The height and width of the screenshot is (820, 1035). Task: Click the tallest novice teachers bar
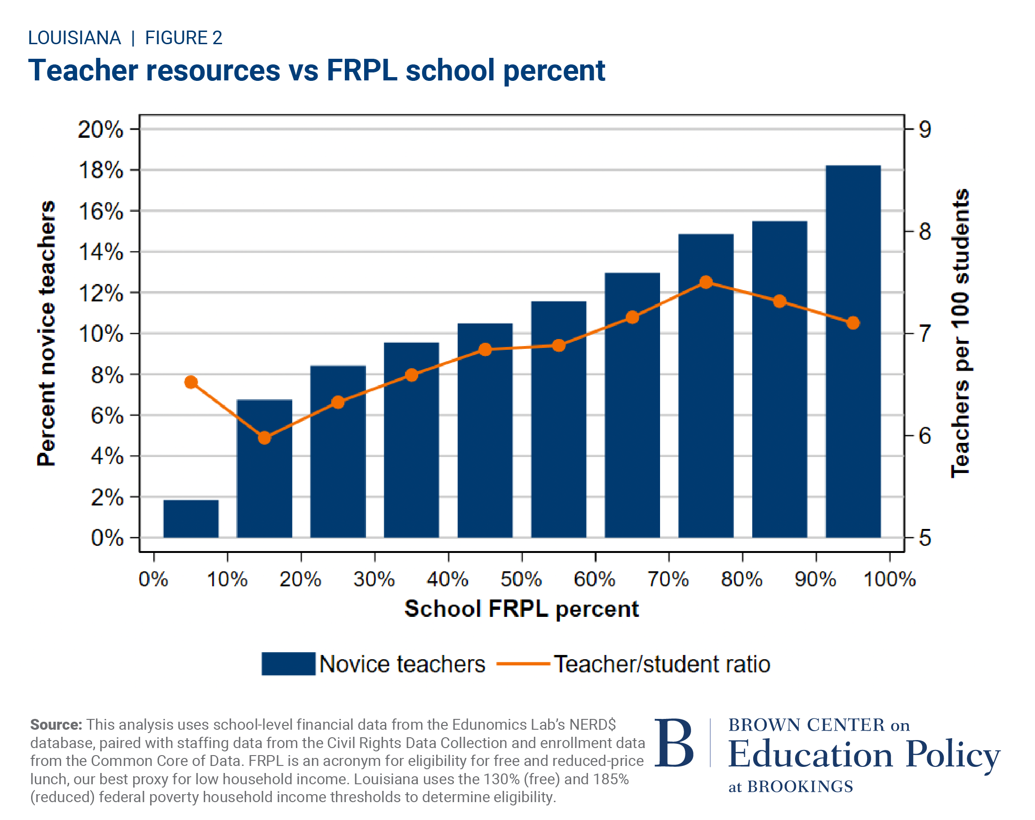852,350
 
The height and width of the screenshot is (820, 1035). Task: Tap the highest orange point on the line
706,282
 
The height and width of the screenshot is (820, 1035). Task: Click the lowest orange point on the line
264,438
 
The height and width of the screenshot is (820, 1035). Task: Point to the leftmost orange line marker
191,382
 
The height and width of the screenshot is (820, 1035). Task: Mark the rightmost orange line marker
852,323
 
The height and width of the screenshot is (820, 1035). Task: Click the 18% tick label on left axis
100,170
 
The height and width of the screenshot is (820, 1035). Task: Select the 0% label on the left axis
107,538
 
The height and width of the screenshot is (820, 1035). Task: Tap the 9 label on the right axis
924,130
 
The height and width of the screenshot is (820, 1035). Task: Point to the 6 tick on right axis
924,436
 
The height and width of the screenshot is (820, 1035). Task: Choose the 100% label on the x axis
889,580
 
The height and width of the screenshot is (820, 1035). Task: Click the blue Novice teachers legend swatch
288,664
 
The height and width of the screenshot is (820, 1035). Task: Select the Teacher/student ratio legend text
661,664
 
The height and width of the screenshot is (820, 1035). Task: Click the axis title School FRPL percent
521,609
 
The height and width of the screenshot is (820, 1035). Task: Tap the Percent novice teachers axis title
47,333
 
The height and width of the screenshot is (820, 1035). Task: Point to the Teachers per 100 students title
960,333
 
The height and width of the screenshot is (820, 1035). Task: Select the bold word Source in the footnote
56,725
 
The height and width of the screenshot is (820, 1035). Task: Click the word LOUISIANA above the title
74,38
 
